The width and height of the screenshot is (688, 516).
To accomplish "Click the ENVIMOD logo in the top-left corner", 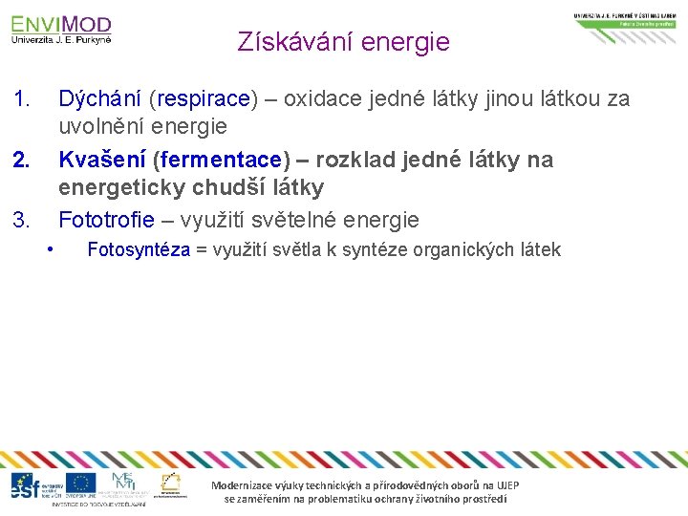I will coord(61,29).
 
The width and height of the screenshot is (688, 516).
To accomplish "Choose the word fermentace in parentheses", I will coord(221,160).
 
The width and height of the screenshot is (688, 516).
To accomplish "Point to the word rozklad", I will coord(356,160).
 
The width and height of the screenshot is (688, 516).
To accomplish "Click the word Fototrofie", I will coord(106,221).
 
